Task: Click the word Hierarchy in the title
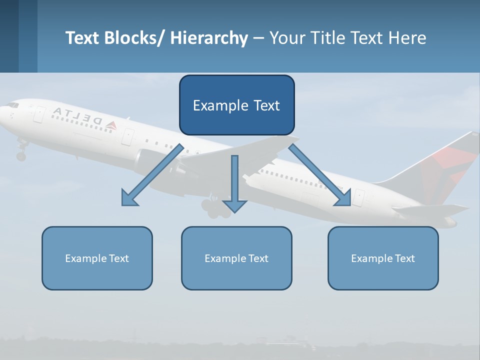[208, 38]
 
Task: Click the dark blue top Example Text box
[236, 105]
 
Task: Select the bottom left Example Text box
[97, 258]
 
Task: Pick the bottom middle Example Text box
[236, 258]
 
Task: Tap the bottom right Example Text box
[383, 258]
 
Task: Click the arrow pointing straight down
[234, 185]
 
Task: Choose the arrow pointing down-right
[320, 175]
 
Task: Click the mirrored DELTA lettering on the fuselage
[77, 116]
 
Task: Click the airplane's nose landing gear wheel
[21, 156]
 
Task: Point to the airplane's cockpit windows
[12, 105]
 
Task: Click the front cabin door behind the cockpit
[39, 114]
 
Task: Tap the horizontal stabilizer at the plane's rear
[430, 210]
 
